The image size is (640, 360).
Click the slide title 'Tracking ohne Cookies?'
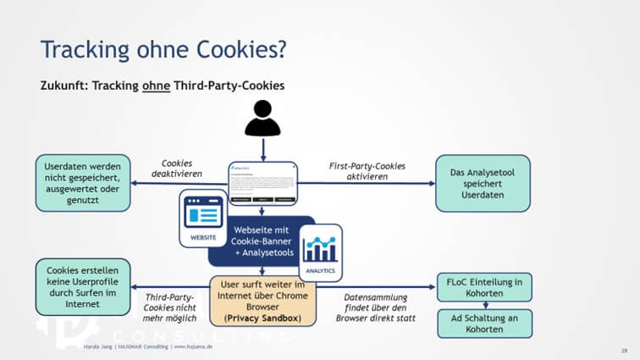coord(163,48)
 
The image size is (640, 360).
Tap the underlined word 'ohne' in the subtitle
coord(155,86)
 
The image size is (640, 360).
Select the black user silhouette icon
coord(262,119)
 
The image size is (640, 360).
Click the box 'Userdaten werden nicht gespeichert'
coord(82,182)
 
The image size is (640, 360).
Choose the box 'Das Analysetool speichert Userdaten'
coord(483,183)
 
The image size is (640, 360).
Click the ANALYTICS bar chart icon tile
coord(321,252)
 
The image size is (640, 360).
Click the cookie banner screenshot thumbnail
coord(262,182)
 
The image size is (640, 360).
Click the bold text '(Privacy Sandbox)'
coord(262,318)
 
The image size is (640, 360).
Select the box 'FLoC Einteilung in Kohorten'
coord(483,287)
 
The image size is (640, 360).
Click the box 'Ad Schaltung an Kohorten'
coord(483,324)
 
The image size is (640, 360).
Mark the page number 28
coord(624,348)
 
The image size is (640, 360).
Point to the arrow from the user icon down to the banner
coord(262,149)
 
